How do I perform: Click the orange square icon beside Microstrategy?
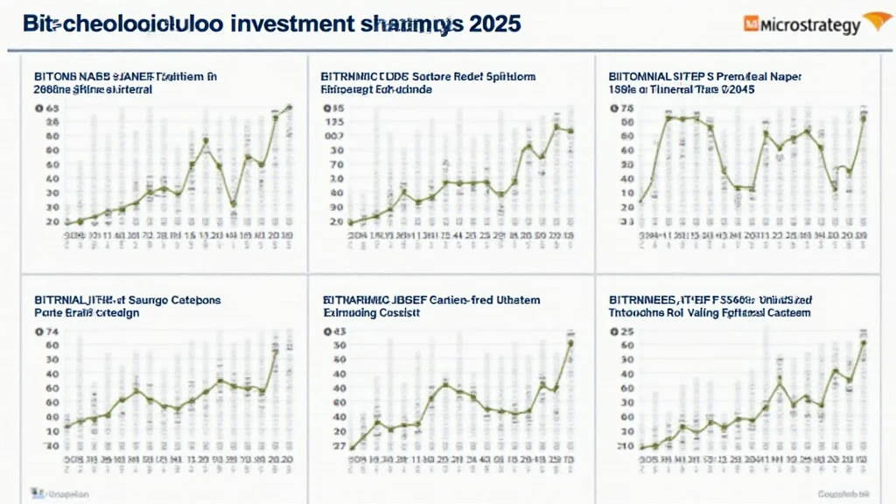pyautogui.click(x=751, y=25)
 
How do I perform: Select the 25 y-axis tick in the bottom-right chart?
pyautogui.click(x=625, y=332)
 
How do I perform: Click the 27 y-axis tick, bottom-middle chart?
pyautogui.click(x=337, y=445)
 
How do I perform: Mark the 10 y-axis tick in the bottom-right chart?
pyautogui.click(x=625, y=445)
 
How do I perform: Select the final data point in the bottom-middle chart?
pyautogui.click(x=570, y=342)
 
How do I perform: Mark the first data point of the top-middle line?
pyautogui.click(x=350, y=222)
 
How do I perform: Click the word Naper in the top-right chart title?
pyautogui.click(x=785, y=76)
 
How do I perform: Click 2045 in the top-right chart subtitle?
pyautogui.click(x=736, y=89)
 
